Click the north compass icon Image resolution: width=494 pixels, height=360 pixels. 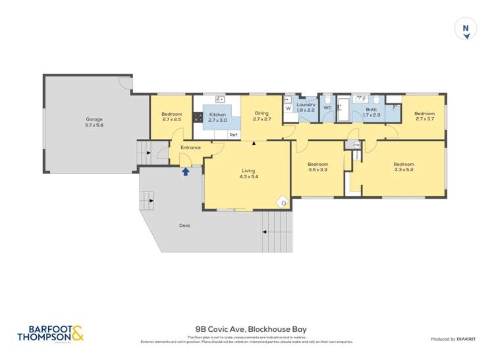click(466, 29)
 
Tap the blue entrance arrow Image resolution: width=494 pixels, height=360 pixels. click(186, 172)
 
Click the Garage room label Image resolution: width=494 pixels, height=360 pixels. click(94, 119)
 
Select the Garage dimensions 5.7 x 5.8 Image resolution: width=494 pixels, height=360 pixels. click(94, 125)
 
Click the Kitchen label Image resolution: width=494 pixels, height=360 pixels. click(217, 115)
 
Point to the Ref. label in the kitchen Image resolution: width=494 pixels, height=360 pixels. click(233, 135)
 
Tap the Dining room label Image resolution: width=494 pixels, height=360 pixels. click(261, 113)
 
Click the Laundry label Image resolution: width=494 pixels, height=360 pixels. click(306, 105)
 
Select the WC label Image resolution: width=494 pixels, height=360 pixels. click(327, 108)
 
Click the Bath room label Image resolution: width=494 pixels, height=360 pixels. click(371, 110)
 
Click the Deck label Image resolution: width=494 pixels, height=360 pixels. click(184, 226)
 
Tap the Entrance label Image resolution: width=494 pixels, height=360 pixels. click(190, 147)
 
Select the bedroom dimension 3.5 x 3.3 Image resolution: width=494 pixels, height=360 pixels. click(318, 170)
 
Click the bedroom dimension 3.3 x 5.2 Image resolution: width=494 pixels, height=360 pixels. click(403, 170)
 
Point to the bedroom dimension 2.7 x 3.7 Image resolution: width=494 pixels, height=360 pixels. click(424, 120)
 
